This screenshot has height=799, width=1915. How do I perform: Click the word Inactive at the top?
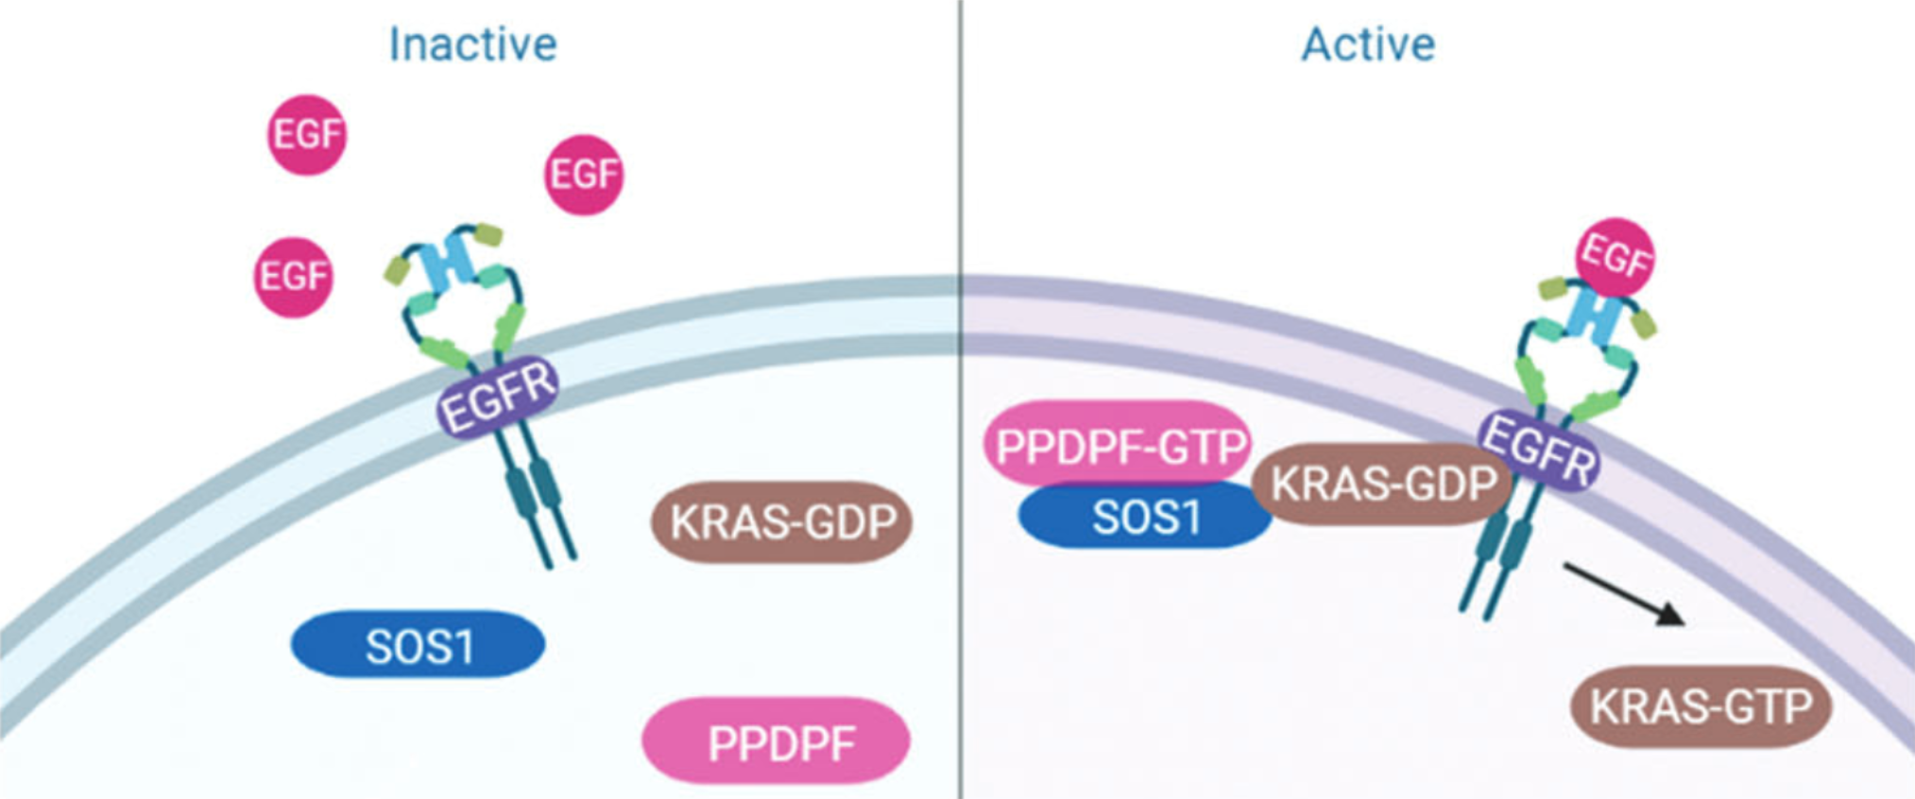(472, 44)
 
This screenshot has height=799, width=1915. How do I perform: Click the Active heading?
(1368, 44)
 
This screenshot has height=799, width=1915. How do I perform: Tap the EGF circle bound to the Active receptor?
(1616, 256)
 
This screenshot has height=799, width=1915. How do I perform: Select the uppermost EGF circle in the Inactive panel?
(307, 134)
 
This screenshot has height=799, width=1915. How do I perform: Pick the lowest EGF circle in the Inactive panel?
(294, 276)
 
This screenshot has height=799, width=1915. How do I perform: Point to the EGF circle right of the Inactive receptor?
(584, 175)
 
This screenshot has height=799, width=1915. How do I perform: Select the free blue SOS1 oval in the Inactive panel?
(419, 645)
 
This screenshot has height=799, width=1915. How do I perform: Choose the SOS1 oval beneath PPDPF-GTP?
(1145, 518)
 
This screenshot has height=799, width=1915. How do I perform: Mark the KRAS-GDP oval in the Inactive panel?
(782, 521)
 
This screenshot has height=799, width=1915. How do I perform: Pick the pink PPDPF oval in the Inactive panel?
(777, 742)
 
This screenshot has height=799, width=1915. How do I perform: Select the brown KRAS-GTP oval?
(1701, 706)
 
